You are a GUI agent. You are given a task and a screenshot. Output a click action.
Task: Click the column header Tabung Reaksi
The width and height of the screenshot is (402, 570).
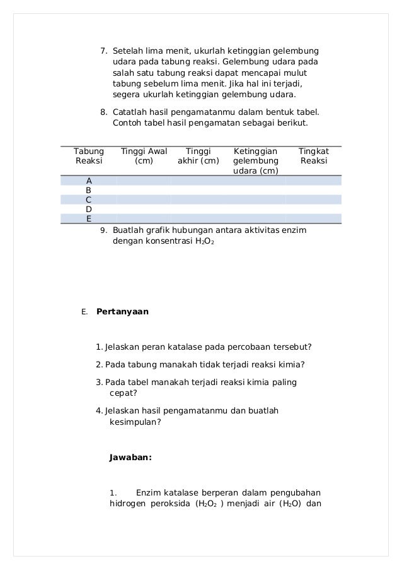[x=88, y=157]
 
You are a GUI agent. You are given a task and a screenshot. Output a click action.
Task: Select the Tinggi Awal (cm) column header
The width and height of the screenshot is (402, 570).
[x=144, y=157]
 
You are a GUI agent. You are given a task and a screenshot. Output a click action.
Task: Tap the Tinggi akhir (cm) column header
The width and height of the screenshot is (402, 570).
[x=198, y=157]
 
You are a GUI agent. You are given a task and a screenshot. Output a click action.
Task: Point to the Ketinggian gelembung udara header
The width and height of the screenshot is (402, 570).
[x=255, y=161]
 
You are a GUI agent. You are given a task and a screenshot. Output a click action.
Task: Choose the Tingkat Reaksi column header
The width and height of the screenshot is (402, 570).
[x=313, y=157]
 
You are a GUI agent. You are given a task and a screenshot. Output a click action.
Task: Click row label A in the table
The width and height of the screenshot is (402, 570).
[x=89, y=181]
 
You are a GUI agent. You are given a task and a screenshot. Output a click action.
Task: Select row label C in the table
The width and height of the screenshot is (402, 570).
[x=89, y=199]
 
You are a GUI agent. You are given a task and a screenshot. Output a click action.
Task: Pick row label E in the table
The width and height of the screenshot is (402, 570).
[x=89, y=219]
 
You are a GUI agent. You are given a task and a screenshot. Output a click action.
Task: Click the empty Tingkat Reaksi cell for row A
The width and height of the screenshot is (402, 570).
[x=313, y=181]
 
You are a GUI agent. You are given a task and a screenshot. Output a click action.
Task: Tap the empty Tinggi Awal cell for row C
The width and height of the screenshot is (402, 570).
[x=144, y=199]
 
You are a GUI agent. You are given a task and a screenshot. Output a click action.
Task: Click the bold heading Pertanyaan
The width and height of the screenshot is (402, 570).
[x=122, y=312]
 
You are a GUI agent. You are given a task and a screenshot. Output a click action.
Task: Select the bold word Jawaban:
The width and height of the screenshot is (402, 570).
[x=130, y=458]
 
